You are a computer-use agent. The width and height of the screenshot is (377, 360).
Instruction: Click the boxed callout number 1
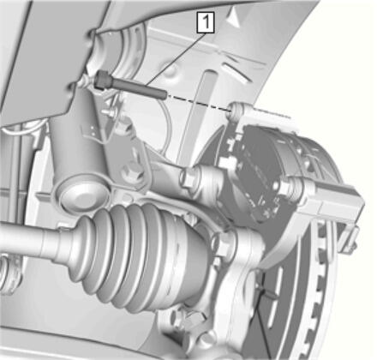click(x=206, y=22)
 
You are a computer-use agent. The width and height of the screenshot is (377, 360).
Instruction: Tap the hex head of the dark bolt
click(x=101, y=79)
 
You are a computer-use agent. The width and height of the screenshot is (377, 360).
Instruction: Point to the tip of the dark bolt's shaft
click(x=165, y=94)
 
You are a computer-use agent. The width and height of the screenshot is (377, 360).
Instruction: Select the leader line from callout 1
click(x=176, y=58)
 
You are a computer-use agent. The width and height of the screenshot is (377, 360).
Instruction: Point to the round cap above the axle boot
click(x=82, y=195)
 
